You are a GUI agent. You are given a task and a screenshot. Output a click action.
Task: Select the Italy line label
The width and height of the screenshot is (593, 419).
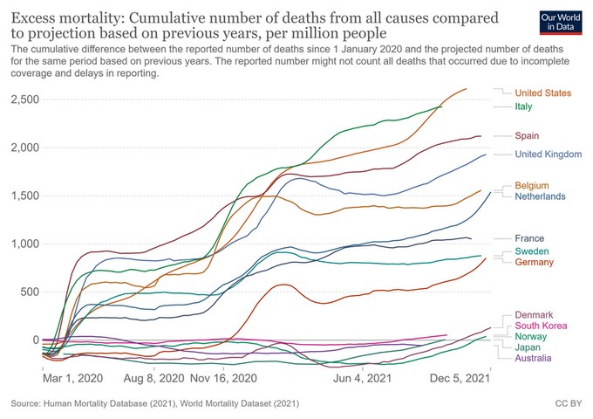coord(523,106)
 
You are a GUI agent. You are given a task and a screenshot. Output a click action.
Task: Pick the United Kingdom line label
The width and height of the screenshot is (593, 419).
coord(549,155)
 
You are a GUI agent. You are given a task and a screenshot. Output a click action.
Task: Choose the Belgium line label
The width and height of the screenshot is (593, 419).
coord(532,186)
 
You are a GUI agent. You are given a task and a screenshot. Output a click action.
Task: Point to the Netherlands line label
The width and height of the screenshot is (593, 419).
coord(542,198)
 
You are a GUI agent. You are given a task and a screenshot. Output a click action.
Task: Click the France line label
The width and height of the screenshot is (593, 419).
coord(529,238)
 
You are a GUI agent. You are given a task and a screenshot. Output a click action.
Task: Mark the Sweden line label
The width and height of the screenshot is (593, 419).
coord(532,251)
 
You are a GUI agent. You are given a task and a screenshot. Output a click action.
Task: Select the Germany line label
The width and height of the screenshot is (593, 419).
coord(535,263)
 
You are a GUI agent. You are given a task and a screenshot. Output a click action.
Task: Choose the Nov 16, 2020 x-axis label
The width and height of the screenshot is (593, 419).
coord(227,380)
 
